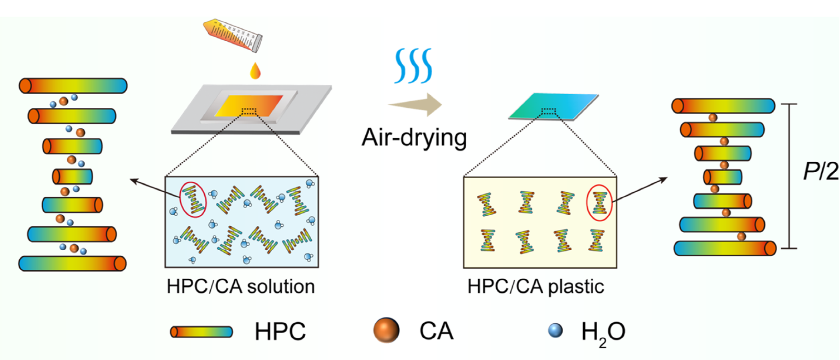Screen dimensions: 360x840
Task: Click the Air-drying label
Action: click(414, 137)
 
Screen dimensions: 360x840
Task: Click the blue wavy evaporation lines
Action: click(413, 66)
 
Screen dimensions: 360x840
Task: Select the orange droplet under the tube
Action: click(255, 71)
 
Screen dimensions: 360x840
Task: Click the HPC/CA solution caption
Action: click(241, 287)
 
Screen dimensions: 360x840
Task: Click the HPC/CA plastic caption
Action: click(536, 287)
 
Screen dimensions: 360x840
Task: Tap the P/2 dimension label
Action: click(820, 171)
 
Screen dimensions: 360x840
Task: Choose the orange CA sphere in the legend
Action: click(386, 330)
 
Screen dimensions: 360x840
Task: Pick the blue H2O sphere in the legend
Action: click(555, 330)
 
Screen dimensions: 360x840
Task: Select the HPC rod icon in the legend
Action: click(201, 332)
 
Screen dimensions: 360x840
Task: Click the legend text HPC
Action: click(280, 332)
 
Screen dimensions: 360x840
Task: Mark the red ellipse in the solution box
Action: click(193, 199)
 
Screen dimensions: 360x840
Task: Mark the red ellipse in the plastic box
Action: click(599, 202)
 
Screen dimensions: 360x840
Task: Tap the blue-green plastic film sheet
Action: click(554, 106)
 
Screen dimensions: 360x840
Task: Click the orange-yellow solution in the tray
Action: click(248, 106)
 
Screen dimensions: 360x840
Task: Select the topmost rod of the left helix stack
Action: click(73, 86)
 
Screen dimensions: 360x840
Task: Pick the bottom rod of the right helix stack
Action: click(725, 248)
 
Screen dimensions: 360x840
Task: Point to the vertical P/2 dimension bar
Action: click(789, 176)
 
